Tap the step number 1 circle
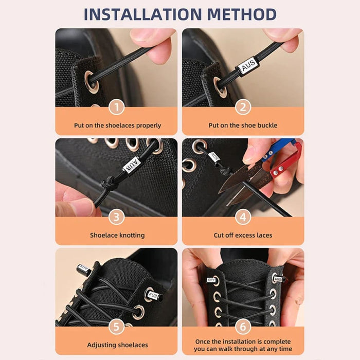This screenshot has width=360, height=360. (116, 107)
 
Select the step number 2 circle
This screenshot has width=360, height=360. (243, 107)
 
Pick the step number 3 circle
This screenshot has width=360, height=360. (116, 217)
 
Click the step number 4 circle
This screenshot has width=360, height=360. (243, 217)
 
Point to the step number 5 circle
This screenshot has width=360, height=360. (116, 327)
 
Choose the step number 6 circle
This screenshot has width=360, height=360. (243, 327)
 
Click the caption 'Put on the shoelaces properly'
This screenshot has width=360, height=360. (116, 125)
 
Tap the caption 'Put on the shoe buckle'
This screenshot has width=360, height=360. (243, 125)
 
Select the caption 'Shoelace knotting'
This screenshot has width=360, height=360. (117, 235)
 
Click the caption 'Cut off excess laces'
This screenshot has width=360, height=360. (243, 235)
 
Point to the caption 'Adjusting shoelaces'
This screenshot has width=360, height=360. (117, 345)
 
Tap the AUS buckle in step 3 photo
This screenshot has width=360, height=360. (132, 165)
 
